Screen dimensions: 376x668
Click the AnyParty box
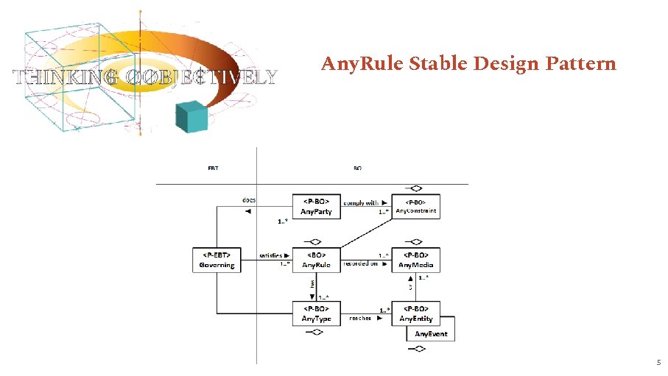[x=316, y=207]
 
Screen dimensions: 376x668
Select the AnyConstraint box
[x=416, y=207]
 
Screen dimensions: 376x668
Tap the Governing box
[x=217, y=260]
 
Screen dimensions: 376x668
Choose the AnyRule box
[x=316, y=260]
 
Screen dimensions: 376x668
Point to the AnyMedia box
[x=416, y=260]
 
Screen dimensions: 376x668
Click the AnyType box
[x=316, y=313]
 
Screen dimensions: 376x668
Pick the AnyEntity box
[x=416, y=313]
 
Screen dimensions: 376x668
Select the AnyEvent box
[x=431, y=334]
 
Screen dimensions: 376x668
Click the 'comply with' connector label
[x=361, y=203]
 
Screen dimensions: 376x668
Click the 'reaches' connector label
[x=360, y=319]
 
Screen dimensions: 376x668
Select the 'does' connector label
[x=250, y=199]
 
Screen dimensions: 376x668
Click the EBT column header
[x=212, y=168]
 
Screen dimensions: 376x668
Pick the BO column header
[x=357, y=168]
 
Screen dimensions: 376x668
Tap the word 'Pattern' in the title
[x=580, y=64]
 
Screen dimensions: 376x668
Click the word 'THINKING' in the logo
[x=57, y=77]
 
